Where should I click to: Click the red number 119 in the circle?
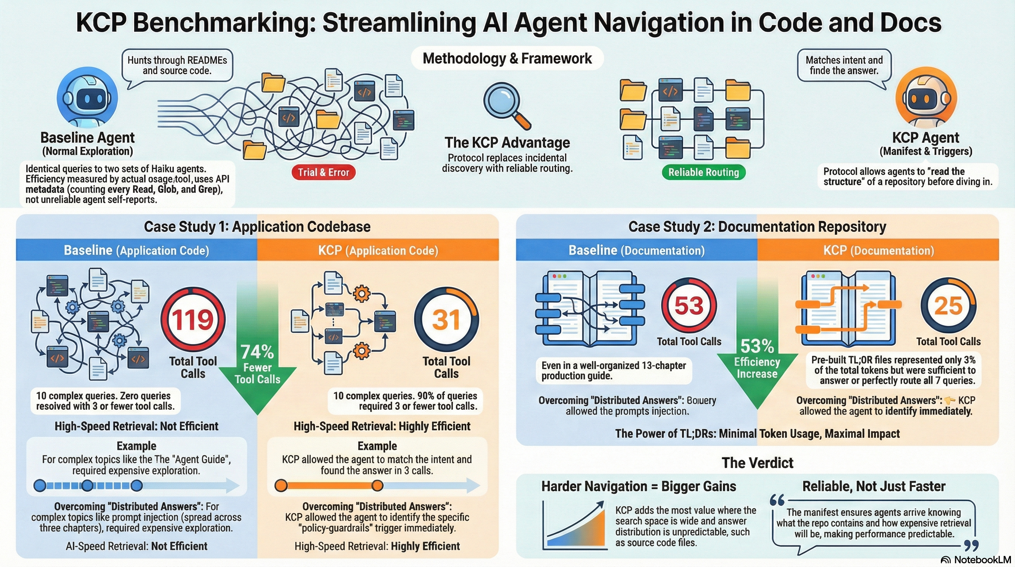(x=193, y=320)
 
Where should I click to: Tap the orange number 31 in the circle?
(x=446, y=320)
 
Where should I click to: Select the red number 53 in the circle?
(x=689, y=306)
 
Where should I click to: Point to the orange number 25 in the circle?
(x=948, y=306)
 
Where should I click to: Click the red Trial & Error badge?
(x=323, y=172)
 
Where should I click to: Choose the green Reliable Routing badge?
(x=703, y=172)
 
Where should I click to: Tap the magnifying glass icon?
(x=506, y=105)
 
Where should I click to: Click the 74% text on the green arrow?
(x=257, y=351)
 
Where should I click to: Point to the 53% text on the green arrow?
(x=757, y=347)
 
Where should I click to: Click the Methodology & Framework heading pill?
(x=507, y=58)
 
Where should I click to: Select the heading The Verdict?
(x=757, y=463)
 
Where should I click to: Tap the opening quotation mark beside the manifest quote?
(x=777, y=500)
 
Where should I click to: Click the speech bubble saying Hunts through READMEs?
(x=177, y=65)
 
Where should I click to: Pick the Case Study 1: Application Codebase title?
(x=257, y=227)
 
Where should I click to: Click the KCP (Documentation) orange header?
(x=878, y=250)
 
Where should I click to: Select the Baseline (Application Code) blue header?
(x=136, y=250)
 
